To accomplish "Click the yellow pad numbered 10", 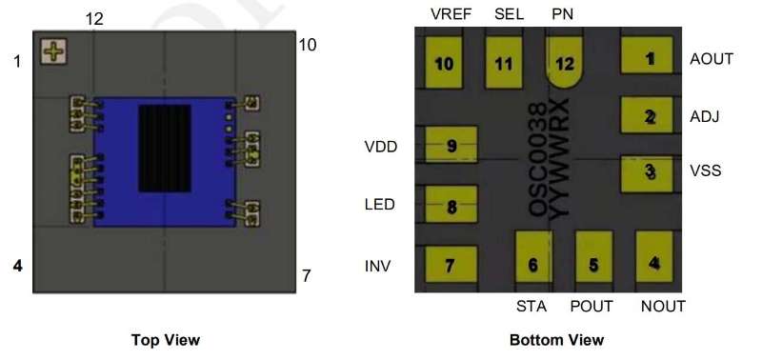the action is coord(444,63).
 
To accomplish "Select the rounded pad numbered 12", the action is coord(564,62).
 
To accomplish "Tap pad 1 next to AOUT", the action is coord(647,55).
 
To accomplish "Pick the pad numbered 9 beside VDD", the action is coord(451,145).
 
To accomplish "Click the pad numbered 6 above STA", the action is coord(533,256).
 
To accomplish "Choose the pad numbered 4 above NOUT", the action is coord(654,256).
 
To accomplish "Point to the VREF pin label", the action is coord(451,14).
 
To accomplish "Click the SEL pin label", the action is coord(510,14).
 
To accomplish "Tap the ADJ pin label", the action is coord(705,116).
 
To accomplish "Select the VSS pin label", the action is coord(706,170).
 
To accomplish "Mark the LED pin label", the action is coord(379,205).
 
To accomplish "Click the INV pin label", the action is coord(377,266).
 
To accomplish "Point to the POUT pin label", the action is coord(592,307).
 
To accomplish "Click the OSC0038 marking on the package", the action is coord(538,159).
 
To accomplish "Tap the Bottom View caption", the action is coord(556,340).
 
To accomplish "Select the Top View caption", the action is coord(165,340).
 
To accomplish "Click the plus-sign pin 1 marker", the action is coord(53,51).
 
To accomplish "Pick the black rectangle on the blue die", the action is coord(164,149).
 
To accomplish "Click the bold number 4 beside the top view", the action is coord(18,266).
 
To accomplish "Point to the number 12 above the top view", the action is coord(94,19).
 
